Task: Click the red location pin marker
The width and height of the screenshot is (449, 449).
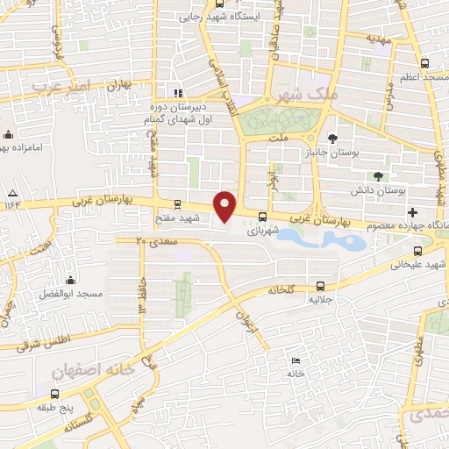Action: [225, 206]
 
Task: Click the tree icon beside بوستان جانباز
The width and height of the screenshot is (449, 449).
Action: [332, 139]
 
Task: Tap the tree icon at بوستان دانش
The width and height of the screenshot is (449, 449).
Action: [379, 175]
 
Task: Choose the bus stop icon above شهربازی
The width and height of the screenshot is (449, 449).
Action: [262, 217]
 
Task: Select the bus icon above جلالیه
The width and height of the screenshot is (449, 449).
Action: [320, 285]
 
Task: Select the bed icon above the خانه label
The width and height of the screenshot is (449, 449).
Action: [296, 360]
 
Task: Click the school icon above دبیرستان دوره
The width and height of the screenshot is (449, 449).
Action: [178, 93]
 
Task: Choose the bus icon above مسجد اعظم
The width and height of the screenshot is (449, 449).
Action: [425, 63]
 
